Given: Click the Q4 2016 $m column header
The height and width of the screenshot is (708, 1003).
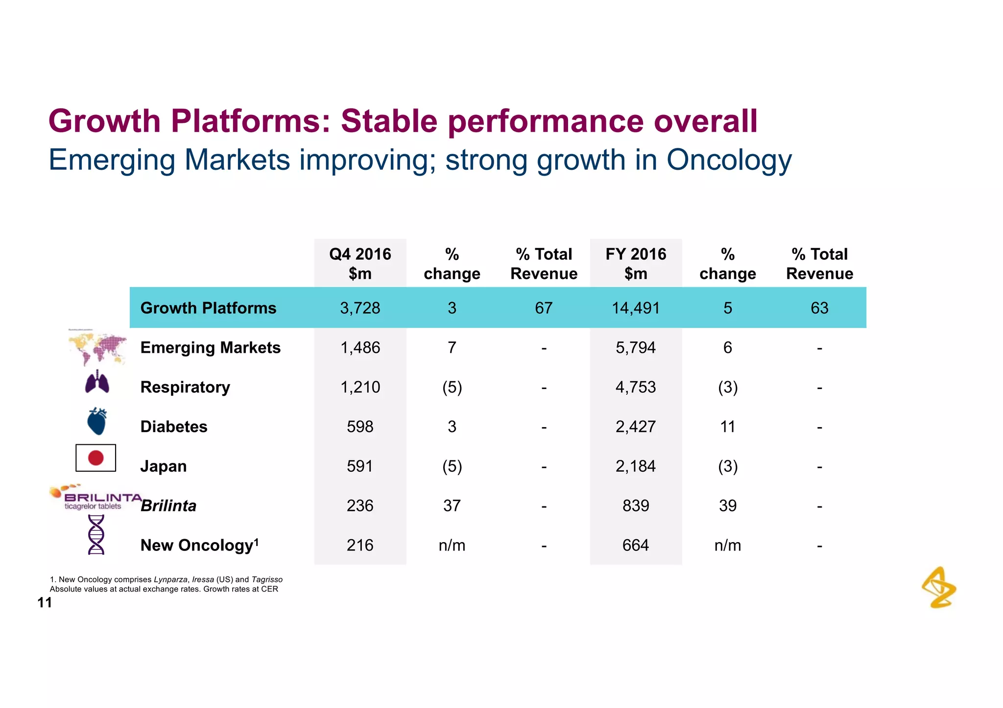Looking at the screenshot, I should coord(360,263).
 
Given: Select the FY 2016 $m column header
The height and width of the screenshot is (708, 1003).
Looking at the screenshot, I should coord(636,263).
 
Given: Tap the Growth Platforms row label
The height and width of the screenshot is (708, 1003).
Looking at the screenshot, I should coord(208,308).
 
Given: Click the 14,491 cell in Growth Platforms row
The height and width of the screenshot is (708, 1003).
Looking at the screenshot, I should coord(636,308).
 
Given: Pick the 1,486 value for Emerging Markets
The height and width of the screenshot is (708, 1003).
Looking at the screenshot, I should coord(360,347).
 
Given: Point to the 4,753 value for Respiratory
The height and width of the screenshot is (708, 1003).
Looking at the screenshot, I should coord(636,387).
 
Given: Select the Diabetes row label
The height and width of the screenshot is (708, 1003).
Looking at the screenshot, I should coord(174,427).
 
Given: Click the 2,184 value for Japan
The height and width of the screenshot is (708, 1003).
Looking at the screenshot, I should coord(636,466).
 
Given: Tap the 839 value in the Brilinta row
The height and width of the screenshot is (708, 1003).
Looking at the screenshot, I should coord(636,505).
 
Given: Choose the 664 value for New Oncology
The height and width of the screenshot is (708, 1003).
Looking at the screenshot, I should coord(636,545).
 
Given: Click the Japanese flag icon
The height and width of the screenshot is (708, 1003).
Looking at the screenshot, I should coord(96,458).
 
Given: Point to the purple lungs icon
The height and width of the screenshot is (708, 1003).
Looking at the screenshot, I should coord(97,382).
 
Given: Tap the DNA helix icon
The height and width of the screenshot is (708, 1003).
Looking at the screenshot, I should coord(96,535).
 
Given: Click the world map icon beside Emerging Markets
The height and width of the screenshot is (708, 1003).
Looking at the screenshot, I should coord(98,348).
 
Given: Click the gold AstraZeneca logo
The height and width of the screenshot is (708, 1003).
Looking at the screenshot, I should coord(939,588).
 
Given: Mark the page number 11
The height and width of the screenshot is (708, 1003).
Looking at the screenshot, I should coord(45,603).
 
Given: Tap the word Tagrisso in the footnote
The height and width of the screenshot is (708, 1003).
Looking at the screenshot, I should coord(267,579).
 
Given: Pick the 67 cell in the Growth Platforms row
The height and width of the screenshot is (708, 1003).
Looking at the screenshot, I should coord(544,308).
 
